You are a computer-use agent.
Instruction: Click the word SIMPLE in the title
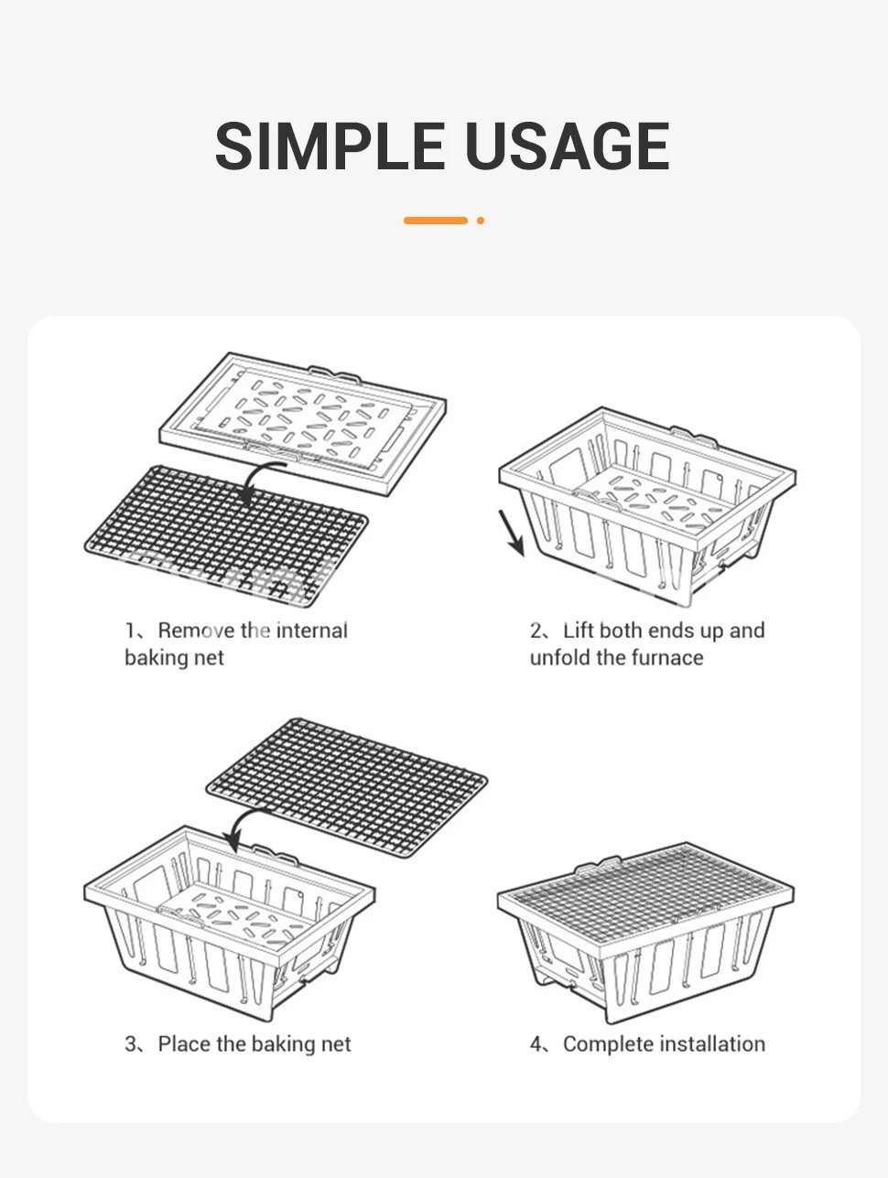coord(330,146)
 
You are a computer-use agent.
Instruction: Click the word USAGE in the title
coord(568,146)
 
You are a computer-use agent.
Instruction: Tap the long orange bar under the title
coord(435,221)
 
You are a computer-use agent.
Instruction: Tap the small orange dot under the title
coord(481,221)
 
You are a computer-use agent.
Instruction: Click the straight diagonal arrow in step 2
coord(512,533)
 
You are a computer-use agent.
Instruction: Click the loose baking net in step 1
coord(226,536)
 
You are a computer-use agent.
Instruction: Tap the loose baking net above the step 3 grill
coord(347,787)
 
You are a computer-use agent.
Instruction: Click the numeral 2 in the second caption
coord(536,631)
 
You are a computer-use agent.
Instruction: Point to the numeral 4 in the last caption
coord(536,1044)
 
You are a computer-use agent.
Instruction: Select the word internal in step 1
coord(312,631)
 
